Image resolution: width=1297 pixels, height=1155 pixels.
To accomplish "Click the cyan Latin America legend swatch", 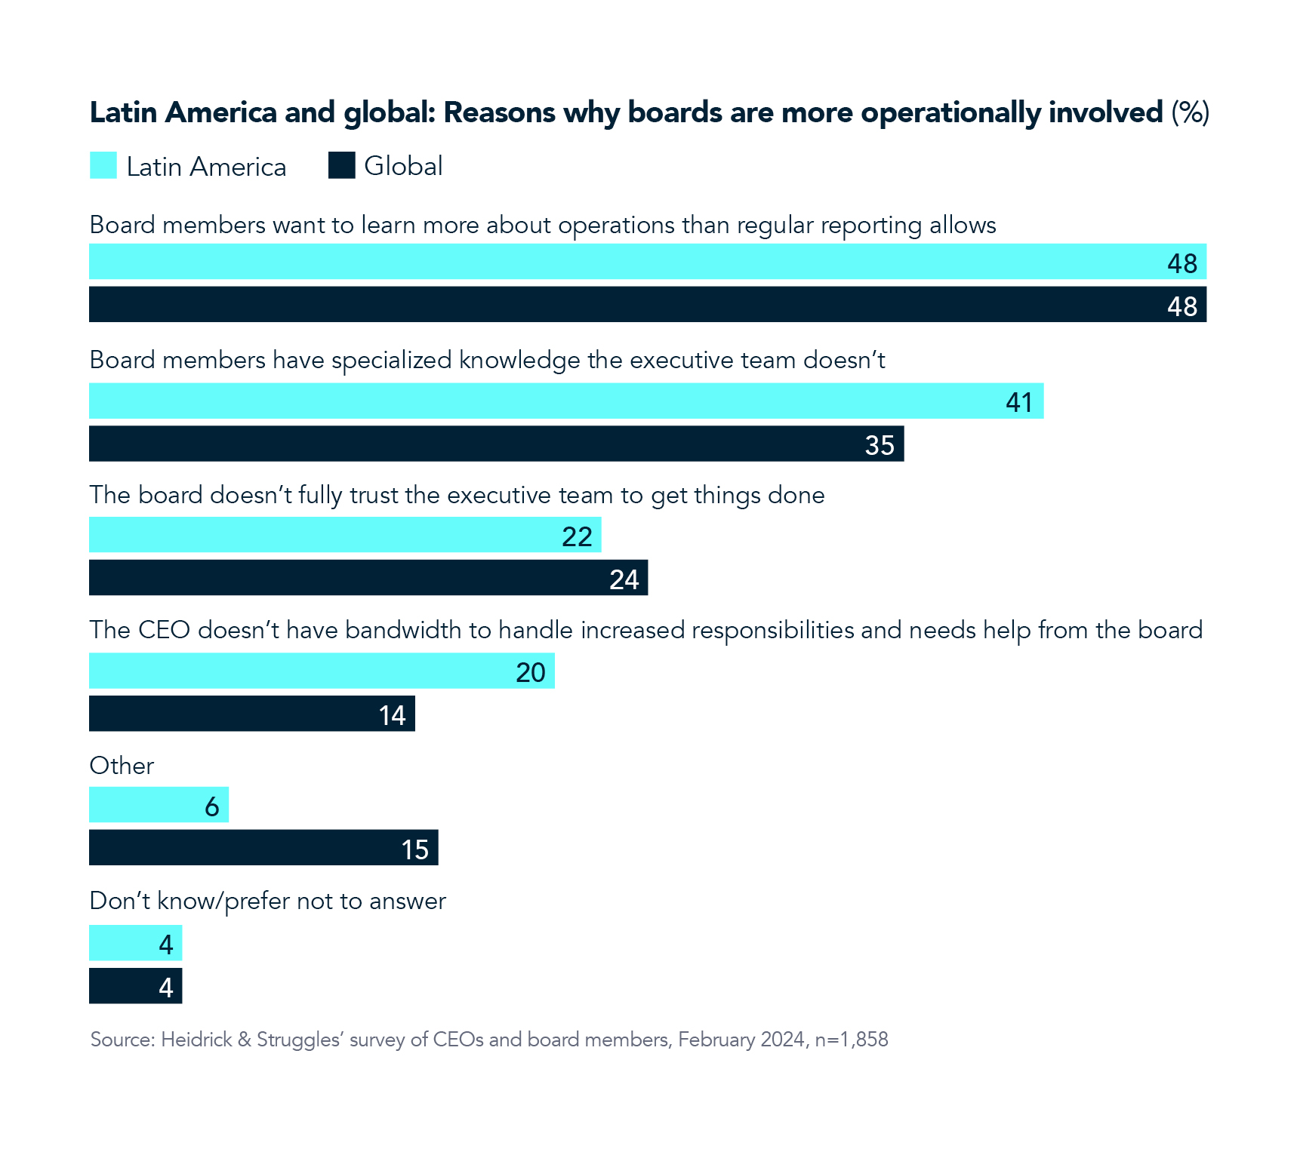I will click(103, 165).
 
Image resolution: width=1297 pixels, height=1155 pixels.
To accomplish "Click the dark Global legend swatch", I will click(341, 165).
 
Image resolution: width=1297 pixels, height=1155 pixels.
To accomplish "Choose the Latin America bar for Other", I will click(159, 805).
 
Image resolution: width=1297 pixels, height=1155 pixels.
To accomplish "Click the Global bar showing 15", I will click(263, 848).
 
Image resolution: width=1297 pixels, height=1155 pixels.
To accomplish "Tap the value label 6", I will click(212, 806).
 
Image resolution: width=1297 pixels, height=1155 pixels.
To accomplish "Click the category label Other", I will click(122, 766).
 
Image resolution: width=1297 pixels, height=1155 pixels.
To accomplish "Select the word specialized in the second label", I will click(392, 361).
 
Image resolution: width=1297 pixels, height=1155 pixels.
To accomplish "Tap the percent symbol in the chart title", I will click(1191, 112).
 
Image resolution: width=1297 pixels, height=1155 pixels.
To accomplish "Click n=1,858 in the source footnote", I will click(852, 1040).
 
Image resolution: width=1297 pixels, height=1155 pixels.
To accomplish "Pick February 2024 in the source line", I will click(741, 1040).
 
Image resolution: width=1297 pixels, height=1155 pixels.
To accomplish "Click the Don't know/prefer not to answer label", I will click(267, 901).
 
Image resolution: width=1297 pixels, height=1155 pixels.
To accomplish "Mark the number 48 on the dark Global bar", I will click(1181, 306).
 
